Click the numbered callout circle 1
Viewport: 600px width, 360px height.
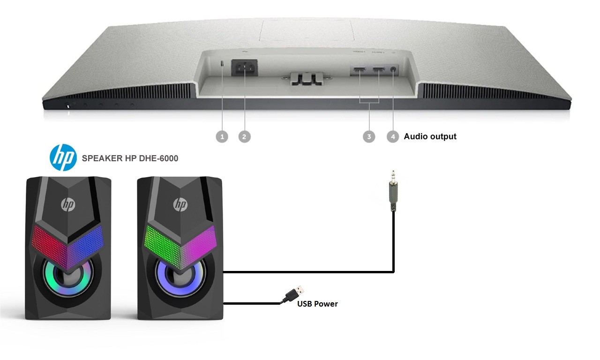(222, 136)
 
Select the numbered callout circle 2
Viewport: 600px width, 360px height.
(244, 136)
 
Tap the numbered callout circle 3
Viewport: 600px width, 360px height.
(369, 136)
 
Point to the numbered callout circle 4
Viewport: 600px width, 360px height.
(393, 136)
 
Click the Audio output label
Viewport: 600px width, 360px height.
(430, 136)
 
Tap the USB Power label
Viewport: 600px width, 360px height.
(317, 304)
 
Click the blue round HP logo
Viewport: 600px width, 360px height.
(63, 158)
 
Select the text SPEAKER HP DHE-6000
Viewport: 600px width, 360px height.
(130, 158)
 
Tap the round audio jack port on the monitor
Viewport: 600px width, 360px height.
(393, 71)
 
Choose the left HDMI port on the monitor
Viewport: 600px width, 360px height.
(360, 71)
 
